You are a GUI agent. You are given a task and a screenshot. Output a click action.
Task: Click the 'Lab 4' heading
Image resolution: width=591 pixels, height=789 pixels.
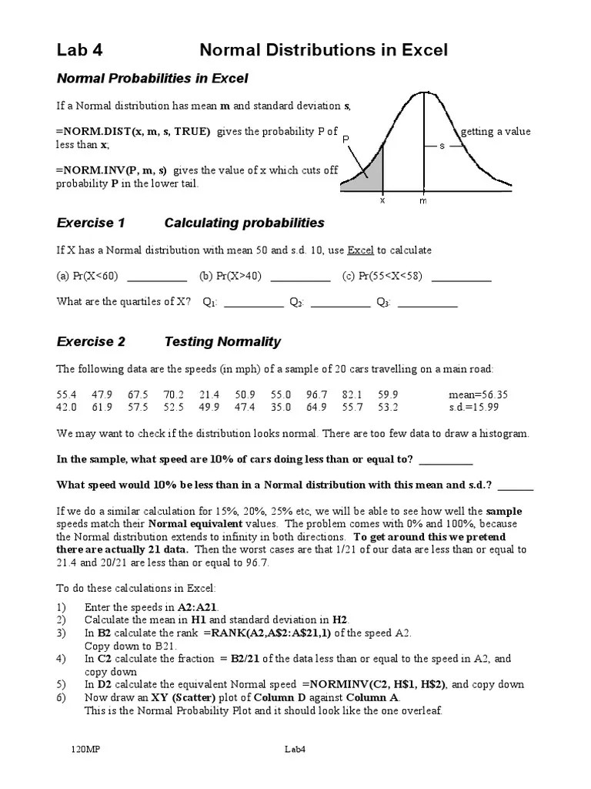[79, 51]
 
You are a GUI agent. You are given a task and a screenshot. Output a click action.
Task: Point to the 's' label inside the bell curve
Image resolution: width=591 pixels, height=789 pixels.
[442, 145]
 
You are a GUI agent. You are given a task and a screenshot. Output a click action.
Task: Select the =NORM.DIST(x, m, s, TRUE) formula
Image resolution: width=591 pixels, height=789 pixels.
[132, 132]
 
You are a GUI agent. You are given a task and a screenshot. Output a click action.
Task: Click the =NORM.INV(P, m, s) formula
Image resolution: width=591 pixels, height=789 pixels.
[112, 170]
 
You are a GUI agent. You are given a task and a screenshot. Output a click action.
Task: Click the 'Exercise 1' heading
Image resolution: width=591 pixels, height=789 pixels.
[91, 223]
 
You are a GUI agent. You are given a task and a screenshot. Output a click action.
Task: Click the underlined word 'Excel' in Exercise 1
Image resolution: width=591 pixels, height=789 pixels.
[359, 250]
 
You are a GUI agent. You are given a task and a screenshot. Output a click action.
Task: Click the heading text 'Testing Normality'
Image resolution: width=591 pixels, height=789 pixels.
[222, 342]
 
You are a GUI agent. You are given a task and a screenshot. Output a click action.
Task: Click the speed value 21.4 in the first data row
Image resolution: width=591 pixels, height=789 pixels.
[209, 394]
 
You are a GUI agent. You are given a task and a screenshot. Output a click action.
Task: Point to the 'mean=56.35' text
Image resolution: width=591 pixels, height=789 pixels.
[478, 394]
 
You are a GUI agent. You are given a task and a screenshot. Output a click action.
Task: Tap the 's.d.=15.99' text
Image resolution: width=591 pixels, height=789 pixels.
[476, 407]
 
